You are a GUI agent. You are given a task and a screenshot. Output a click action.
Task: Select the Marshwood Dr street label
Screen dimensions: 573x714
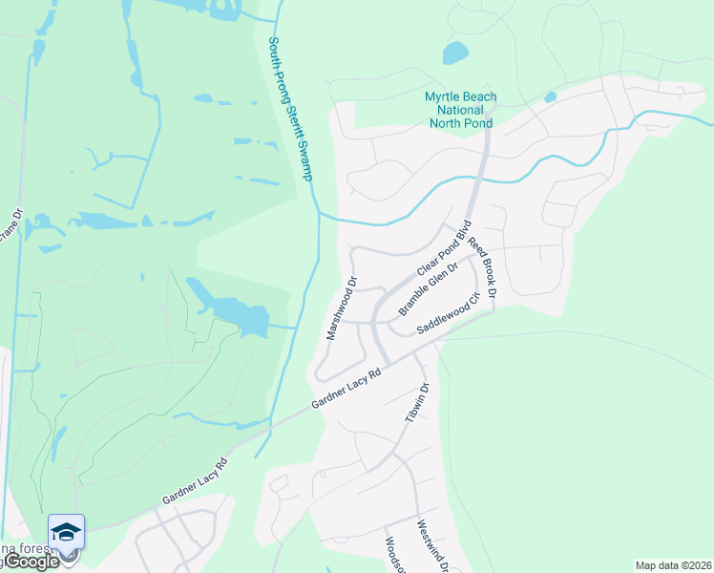point(341,309)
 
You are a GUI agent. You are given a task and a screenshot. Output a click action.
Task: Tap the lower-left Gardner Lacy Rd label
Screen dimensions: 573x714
point(195,483)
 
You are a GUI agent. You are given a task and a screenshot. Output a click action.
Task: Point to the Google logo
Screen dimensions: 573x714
point(31,562)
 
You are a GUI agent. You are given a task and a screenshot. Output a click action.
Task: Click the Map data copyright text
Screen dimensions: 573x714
point(673,565)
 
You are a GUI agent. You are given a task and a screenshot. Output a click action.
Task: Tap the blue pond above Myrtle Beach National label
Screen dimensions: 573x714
point(455,53)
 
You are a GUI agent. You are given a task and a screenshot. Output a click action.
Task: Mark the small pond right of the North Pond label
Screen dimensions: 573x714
point(550,96)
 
